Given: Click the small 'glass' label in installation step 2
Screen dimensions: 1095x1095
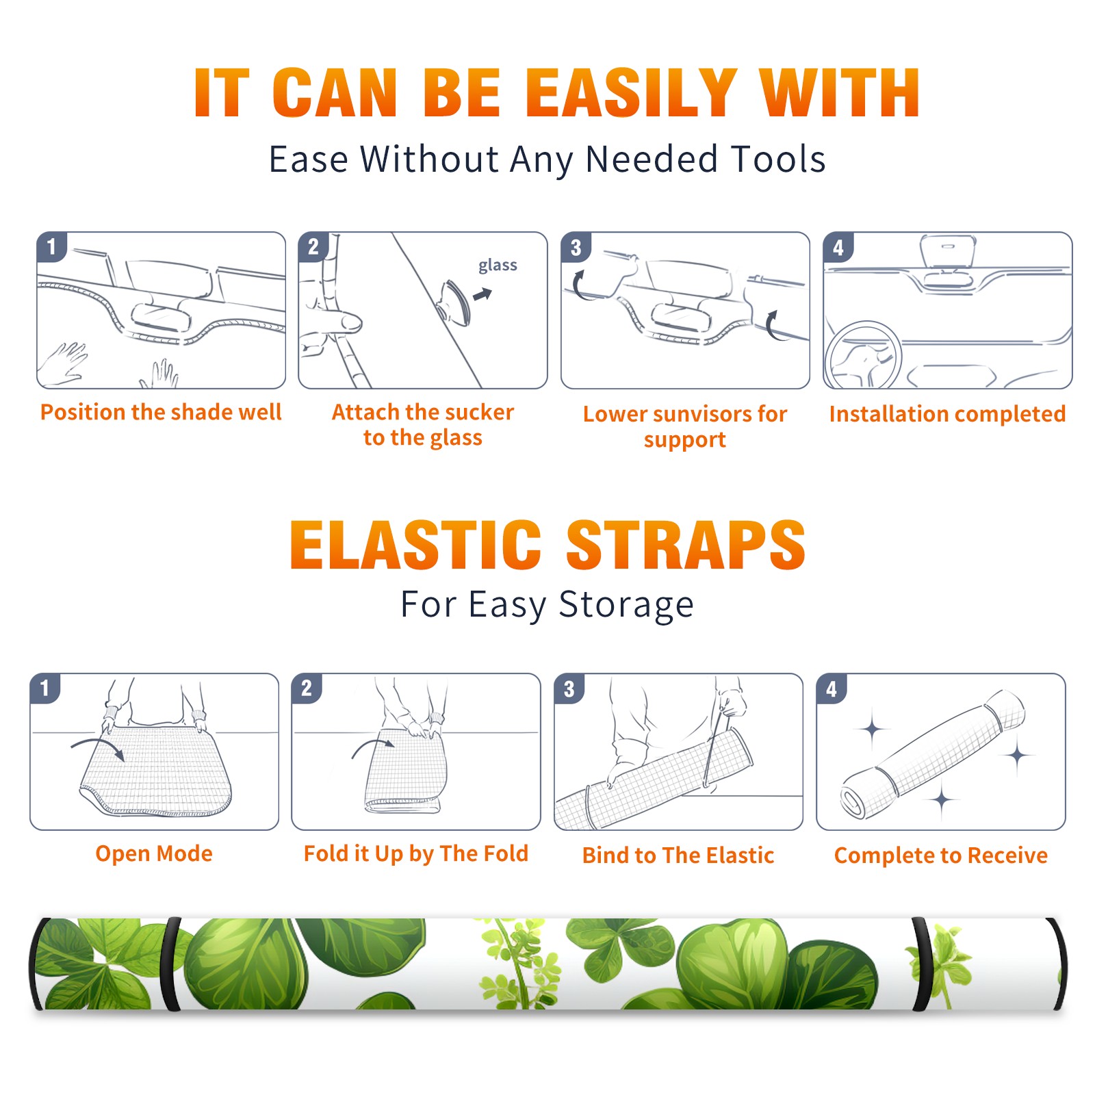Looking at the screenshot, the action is (x=498, y=266).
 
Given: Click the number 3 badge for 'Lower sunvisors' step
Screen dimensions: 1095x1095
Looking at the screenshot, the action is (x=576, y=247).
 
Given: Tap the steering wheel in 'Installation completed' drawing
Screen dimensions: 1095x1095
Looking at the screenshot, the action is (x=863, y=355).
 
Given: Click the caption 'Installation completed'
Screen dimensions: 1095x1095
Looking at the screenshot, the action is (x=947, y=414).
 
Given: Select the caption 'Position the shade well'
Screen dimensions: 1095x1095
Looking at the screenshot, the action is (x=161, y=412).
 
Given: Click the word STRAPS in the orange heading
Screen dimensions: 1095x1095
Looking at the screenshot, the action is (x=686, y=545).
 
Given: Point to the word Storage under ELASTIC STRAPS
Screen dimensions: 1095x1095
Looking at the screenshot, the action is (x=626, y=605).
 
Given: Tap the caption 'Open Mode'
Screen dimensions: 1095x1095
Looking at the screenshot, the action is (x=154, y=853).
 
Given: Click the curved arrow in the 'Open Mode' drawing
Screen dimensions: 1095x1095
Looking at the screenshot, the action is (x=100, y=743).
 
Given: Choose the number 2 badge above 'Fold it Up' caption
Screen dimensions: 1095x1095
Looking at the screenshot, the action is (x=307, y=688).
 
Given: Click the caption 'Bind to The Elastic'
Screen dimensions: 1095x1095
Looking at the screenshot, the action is (x=678, y=855).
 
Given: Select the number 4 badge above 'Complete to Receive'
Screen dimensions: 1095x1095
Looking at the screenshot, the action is (x=832, y=688).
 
